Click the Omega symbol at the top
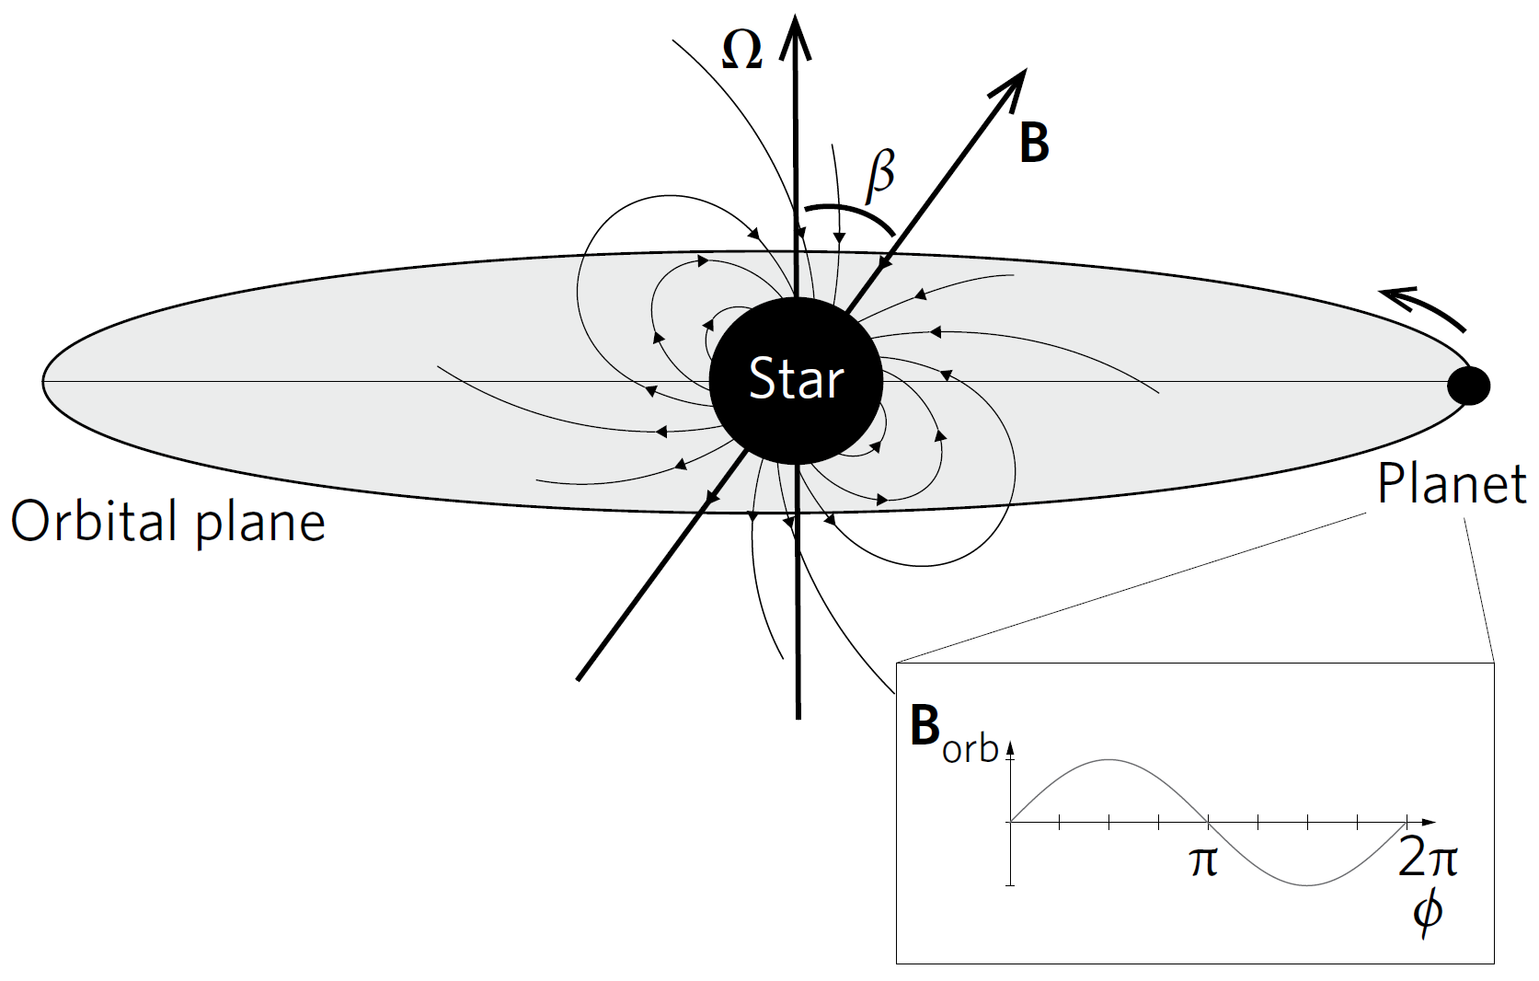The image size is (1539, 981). [741, 52]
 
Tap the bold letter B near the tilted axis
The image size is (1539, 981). [1034, 144]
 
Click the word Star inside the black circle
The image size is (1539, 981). [796, 378]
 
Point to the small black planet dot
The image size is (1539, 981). [1468, 386]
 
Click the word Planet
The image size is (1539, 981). [1451, 483]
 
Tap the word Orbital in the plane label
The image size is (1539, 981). [92, 522]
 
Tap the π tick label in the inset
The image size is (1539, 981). [1203, 861]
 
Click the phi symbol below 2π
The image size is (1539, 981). [1427, 911]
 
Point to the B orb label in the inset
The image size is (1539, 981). [953, 736]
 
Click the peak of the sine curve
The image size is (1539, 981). [1108, 760]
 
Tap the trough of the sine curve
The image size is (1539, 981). [1307, 884]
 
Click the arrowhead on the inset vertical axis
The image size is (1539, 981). [1010, 747]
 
